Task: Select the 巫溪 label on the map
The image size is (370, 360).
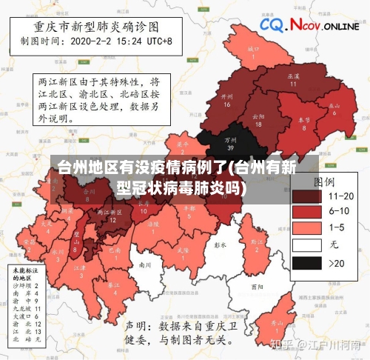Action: pos(292,79)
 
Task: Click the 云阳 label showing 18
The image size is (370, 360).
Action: pos(258,120)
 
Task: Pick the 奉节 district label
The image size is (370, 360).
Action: pos(303,123)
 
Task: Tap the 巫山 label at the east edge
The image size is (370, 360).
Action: pos(335,108)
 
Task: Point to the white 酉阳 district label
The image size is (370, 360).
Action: pos(257,286)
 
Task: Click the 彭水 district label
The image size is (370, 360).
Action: pos(219,244)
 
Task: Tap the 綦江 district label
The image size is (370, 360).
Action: pos(113,287)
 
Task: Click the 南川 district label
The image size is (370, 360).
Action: pos(145,264)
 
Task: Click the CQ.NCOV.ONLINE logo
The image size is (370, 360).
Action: pos(309,26)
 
